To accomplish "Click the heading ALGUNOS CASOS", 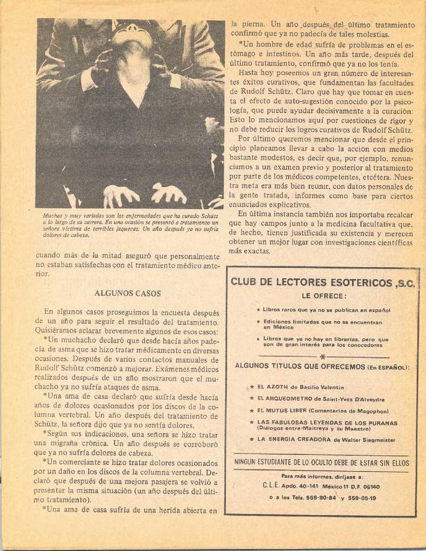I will (127, 293).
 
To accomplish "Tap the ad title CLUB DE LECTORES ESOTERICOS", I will (311, 282).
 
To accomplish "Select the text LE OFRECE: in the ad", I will (324, 296).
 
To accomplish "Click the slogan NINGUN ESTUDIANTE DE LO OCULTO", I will (322, 462).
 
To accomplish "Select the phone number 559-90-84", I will (321, 498).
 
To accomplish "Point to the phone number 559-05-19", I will (362, 498).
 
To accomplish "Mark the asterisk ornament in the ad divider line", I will (323, 357).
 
